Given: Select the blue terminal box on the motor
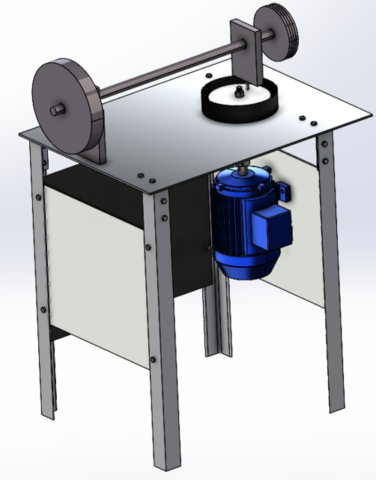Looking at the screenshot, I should coord(272,227).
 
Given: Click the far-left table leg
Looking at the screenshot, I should coord(43,285).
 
